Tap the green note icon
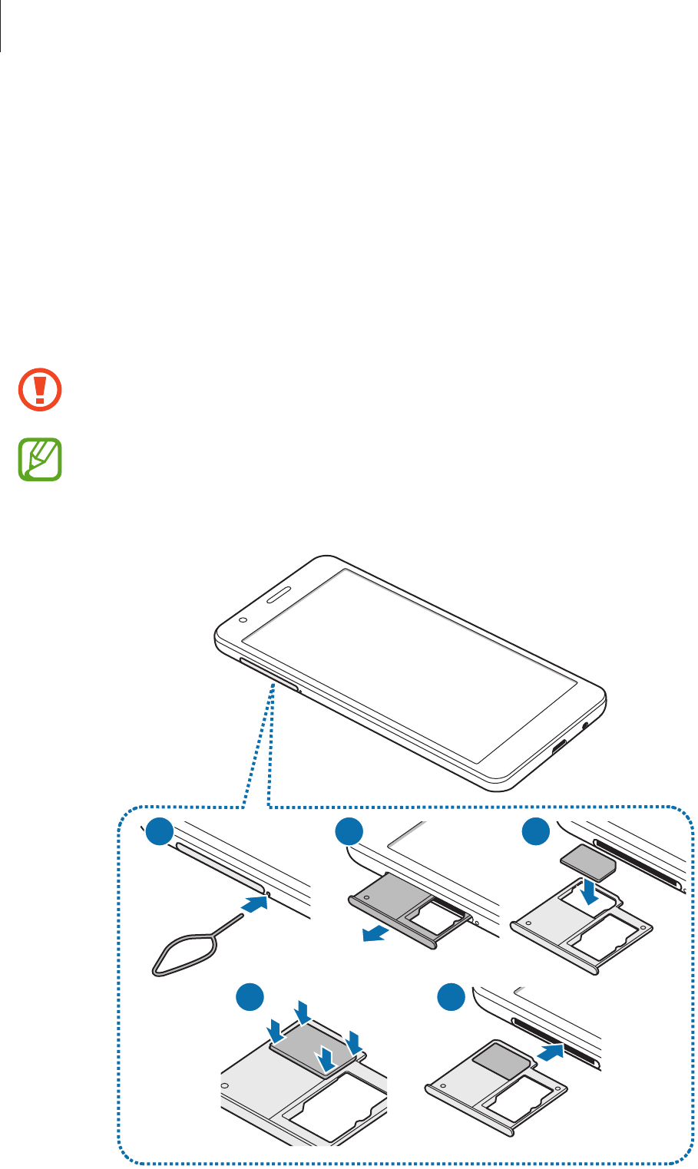(x=40, y=460)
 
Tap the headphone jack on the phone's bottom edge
(x=587, y=724)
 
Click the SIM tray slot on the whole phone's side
(x=269, y=673)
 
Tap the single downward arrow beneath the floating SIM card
(x=590, y=891)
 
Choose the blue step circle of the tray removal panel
(x=349, y=832)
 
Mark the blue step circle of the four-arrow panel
(x=249, y=999)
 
